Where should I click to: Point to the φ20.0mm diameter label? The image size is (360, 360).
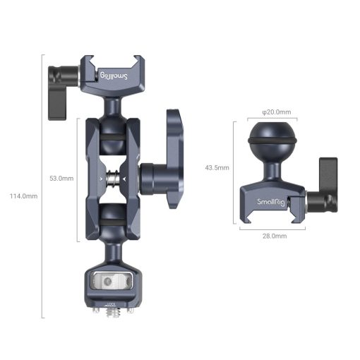[272, 111]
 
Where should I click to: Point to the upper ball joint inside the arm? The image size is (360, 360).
[113, 138]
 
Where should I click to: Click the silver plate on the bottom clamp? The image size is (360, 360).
[112, 281]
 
